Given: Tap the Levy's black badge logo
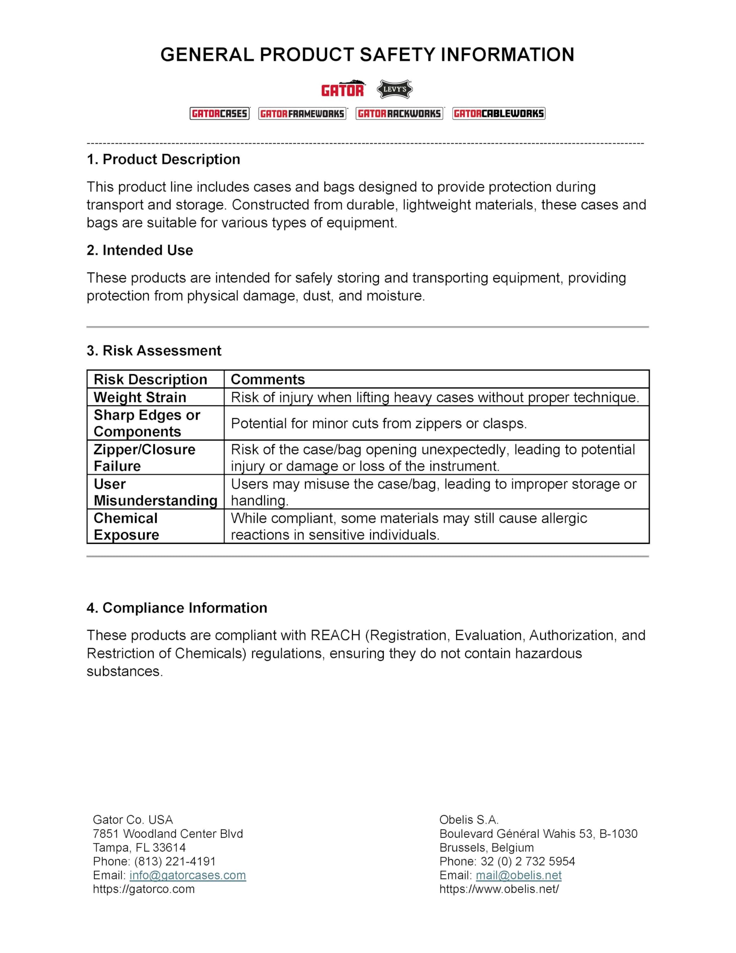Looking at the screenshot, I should click(394, 89).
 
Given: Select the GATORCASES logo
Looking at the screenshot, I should click(220, 114).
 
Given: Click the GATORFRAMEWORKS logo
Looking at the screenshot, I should click(303, 114).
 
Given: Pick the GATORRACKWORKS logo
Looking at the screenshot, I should click(399, 114).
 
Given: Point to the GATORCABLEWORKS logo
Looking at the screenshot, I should click(499, 114).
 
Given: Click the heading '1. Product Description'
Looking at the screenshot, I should click(163, 159).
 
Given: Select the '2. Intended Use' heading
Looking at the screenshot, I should click(140, 250).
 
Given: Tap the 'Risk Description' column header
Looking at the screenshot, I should click(150, 379).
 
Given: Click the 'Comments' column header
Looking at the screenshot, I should click(268, 379).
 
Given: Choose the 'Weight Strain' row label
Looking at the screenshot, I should click(140, 397).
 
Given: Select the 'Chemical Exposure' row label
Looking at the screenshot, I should click(126, 526).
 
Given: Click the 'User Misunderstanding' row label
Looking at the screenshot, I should click(155, 492).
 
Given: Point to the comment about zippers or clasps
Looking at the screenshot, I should click(379, 423).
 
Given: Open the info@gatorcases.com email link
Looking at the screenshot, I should click(188, 875).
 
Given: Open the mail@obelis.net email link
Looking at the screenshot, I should click(518, 875).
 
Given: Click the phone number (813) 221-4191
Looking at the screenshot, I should click(175, 861).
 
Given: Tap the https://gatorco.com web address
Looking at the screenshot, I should click(144, 889).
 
